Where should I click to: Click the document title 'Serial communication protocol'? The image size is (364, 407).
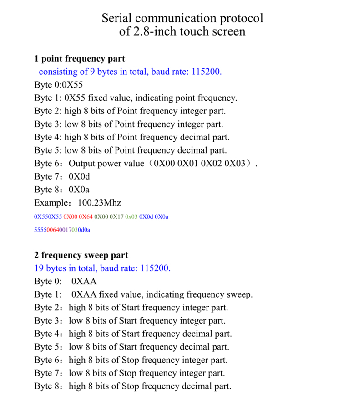(x=182, y=19)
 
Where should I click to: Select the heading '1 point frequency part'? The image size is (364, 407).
(x=80, y=59)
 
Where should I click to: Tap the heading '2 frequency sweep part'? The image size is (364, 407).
(x=81, y=255)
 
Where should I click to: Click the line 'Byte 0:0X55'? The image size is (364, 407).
(x=58, y=85)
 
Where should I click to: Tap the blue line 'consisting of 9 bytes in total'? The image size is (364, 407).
(x=130, y=72)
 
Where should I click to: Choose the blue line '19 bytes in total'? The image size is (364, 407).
(x=102, y=268)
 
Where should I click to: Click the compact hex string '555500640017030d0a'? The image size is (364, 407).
(x=62, y=230)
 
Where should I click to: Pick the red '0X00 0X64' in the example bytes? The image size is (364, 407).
(x=78, y=217)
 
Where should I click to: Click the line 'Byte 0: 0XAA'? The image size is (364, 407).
(x=65, y=282)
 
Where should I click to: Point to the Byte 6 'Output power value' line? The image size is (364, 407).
(x=146, y=164)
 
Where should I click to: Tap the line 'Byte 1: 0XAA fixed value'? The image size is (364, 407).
(x=143, y=295)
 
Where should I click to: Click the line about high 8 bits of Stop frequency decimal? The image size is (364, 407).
(x=132, y=386)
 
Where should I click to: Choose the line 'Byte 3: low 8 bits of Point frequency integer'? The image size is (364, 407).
(x=128, y=124)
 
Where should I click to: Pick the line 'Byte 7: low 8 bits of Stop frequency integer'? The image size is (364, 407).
(x=129, y=373)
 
